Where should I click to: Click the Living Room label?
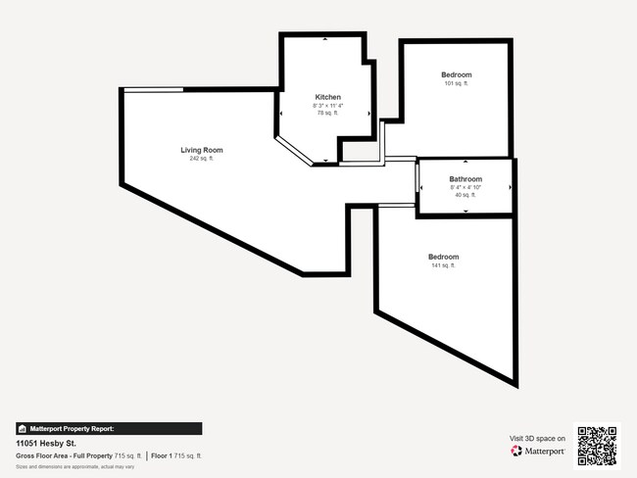point(201,150)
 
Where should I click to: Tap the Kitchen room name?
point(327,97)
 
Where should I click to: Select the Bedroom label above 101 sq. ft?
point(456,75)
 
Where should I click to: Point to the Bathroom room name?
point(465,179)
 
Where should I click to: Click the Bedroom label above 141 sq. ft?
point(442,257)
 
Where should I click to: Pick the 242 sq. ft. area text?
point(201,158)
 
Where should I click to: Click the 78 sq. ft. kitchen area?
point(327,114)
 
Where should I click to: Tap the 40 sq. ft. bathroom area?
point(465,195)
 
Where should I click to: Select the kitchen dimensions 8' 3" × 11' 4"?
point(327,106)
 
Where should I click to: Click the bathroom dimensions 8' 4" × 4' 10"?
point(465,187)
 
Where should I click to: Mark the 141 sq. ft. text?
point(442,265)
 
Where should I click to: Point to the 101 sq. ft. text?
point(456,83)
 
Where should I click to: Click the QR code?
point(597,445)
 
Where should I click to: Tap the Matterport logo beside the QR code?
point(538,451)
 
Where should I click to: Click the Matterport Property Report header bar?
point(109,428)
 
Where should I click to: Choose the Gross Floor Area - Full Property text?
point(64,455)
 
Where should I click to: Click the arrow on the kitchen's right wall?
point(368,113)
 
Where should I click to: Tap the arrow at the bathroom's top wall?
point(465,163)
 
